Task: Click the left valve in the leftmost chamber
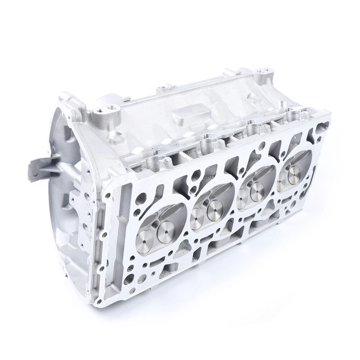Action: tap(145, 236)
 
